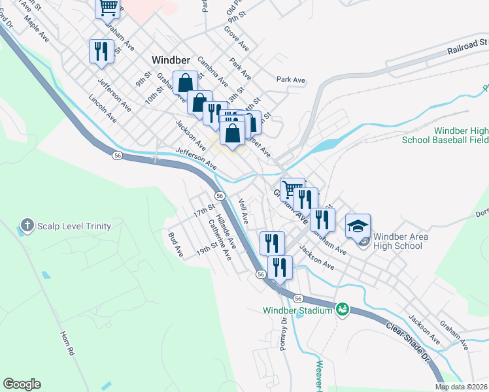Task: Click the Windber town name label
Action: point(171,59)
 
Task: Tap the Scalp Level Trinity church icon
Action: point(27,225)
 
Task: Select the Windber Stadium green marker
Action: point(341,308)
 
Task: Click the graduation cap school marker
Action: point(358,227)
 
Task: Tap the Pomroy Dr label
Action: point(284,335)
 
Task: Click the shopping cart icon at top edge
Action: point(109,8)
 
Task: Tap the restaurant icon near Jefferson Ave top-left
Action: point(101,52)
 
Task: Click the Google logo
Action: point(22,384)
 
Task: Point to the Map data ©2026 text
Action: point(461,387)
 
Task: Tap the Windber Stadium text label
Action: point(298,310)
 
